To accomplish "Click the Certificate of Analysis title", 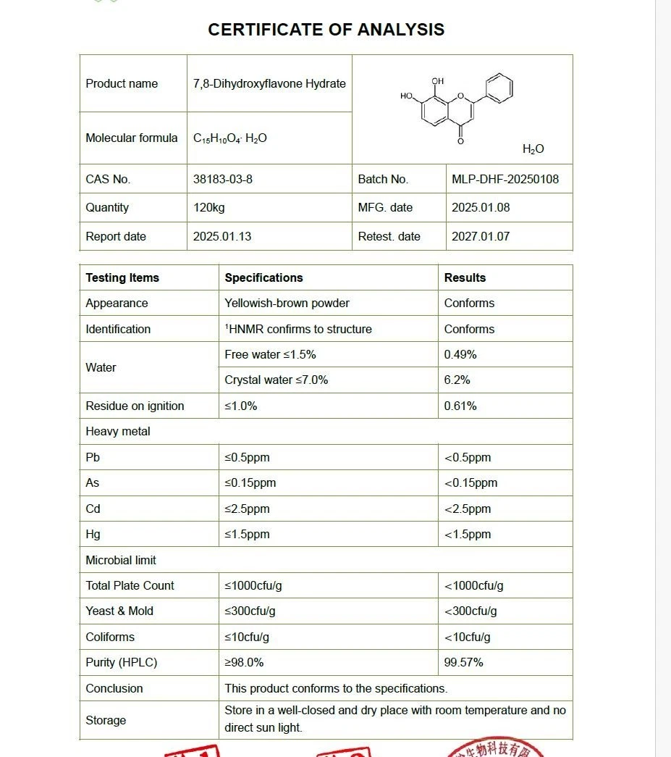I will (326, 30).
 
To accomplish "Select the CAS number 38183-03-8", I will (222, 179).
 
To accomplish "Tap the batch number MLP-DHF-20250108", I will (505, 179).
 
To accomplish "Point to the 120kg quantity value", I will (208, 207).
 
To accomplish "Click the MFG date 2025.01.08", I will (481, 207).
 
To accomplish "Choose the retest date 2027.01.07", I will (481, 236).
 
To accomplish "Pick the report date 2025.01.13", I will (222, 236).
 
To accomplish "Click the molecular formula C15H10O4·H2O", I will (229, 138).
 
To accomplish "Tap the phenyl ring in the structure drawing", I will (498, 88).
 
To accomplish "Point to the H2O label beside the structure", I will (533, 149).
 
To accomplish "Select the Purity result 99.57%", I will (463, 662).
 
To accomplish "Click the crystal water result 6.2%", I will (457, 380).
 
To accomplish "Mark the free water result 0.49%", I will (460, 354).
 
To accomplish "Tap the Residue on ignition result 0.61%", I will (460, 406).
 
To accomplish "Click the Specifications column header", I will (263, 277).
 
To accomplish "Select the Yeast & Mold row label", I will (119, 611).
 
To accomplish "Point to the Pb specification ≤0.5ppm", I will (247, 457).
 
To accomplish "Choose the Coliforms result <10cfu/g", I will (467, 637).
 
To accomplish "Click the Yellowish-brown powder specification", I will (287, 303).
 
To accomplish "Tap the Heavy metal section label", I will (118, 431).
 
